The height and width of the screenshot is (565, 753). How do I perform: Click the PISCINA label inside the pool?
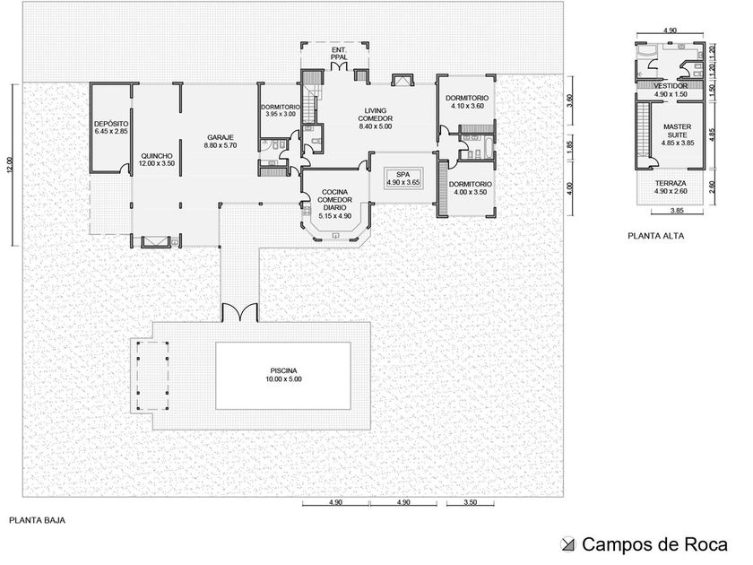tap(283, 371)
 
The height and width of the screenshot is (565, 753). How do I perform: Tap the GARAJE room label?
tap(221, 137)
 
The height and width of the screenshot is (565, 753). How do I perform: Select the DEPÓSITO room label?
tap(111, 124)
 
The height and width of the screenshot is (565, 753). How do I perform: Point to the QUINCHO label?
tap(157, 156)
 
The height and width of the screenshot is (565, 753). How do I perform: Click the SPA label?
tap(402, 174)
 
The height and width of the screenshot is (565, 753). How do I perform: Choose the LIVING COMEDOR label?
tap(375, 115)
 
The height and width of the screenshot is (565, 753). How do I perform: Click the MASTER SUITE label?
tap(677, 131)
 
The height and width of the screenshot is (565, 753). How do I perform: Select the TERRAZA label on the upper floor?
tap(671, 183)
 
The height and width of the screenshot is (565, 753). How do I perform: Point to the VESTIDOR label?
tap(671, 86)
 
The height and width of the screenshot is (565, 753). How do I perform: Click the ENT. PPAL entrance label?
tap(339, 53)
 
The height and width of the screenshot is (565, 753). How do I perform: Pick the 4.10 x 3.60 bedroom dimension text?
tap(467, 106)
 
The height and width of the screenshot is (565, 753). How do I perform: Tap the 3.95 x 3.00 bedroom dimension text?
tap(281, 115)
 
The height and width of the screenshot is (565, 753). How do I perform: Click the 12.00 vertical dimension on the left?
tap(11, 165)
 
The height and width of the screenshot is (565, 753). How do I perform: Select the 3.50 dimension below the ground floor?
tap(471, 502)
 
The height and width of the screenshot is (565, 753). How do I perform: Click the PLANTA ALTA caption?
tap(655, 236)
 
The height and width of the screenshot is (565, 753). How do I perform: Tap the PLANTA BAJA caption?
tap(38, 520)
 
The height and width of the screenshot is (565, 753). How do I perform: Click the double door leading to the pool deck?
tap(239, 312)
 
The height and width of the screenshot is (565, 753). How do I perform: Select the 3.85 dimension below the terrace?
tap(677, 211)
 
